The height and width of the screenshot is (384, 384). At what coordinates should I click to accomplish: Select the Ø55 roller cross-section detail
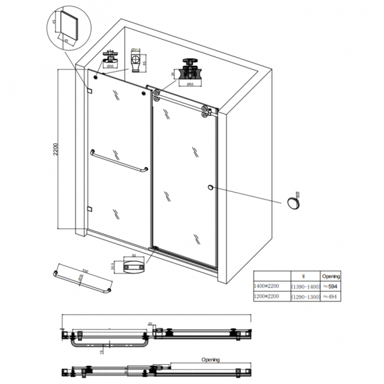(x=190, y=70)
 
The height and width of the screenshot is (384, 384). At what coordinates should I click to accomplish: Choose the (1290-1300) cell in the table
(x=305, y=298)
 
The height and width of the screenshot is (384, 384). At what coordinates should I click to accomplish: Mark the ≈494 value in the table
(x=329, y=298)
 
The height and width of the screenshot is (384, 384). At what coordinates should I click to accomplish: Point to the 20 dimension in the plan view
(x=150, y=324)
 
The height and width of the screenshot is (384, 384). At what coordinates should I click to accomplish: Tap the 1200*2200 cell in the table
(x=268, y=298)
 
